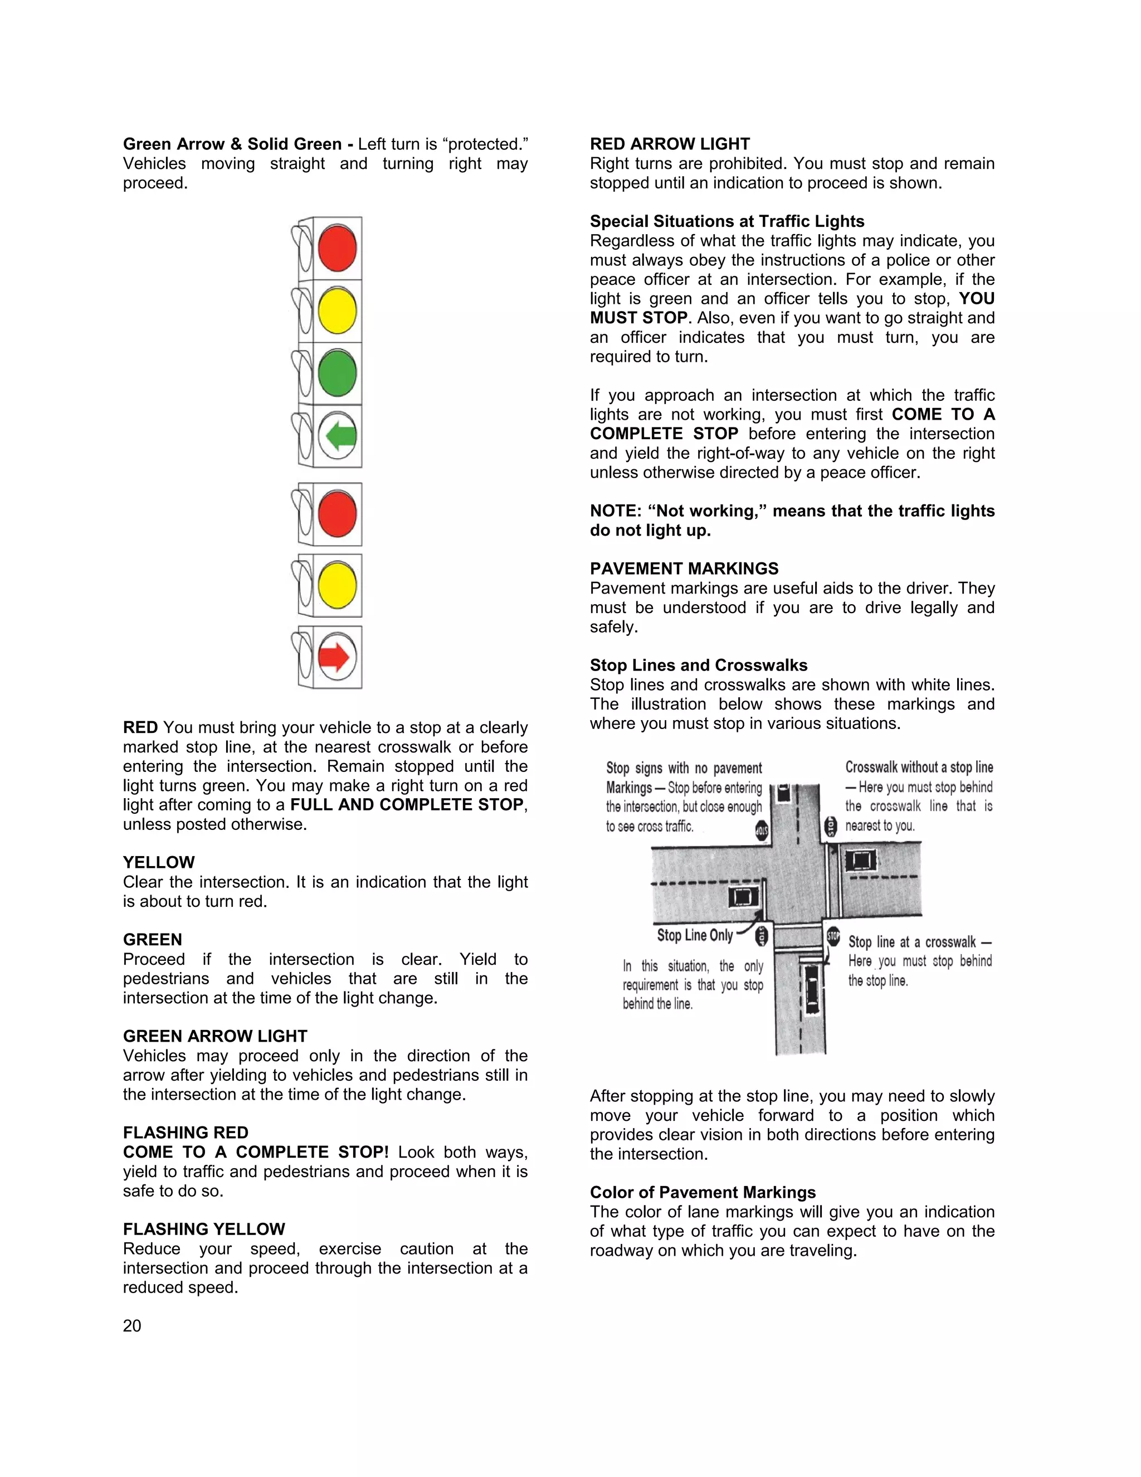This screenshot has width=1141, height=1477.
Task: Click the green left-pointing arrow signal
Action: [x=337, y=436]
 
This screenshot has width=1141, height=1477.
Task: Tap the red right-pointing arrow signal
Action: [x=336, y=657]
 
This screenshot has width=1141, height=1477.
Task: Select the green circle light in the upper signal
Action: [x=337, y=373]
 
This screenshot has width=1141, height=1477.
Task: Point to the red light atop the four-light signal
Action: [x=337, y=248]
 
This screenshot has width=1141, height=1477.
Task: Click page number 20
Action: [x=132, y=1325]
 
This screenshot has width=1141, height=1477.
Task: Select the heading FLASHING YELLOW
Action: [x=203, y=1229]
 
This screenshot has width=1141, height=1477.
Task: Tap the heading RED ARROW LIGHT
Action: [x=669, y=144]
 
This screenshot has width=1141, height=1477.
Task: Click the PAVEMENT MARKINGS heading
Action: [x=684, y=569]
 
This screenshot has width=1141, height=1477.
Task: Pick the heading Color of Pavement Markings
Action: [x=703, y=1192]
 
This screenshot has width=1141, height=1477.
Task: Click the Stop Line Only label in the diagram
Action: [x=695, y=935]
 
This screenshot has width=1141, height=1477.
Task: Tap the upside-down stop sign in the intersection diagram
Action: [x=762, y=830]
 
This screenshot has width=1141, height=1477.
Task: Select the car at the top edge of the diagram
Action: [x=783, y=793]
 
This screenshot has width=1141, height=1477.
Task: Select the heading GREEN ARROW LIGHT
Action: [x=215, y=1036]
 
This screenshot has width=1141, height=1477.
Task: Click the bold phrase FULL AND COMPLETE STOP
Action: [x=407, y=805]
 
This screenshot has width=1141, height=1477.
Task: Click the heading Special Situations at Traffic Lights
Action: [x=726, y=221]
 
